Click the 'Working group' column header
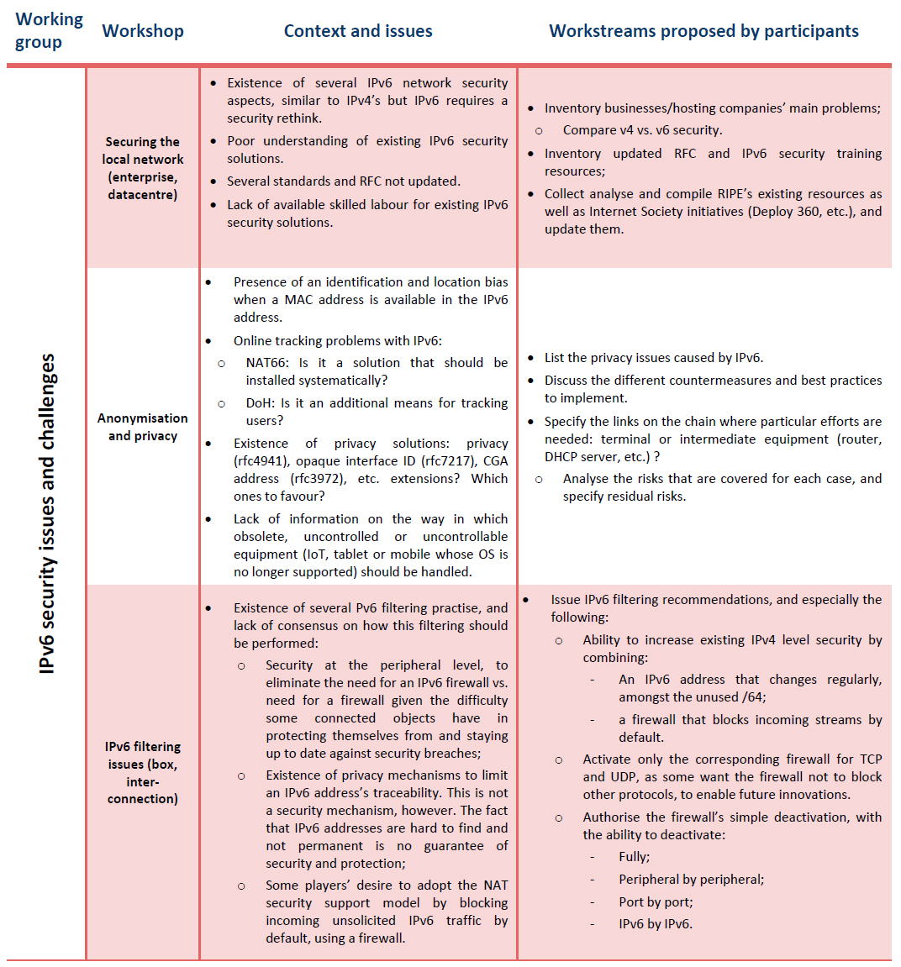(49, 31)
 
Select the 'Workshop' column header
(143, 31)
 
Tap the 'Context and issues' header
(358, 31)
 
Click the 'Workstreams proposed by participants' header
(703, 31)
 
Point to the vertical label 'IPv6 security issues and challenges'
(47, 512)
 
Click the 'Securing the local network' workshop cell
(143, 168)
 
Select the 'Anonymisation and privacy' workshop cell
(143, 427)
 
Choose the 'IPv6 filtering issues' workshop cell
(143, 772)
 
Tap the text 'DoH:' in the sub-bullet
(260, 403)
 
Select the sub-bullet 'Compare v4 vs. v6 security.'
(642, 130)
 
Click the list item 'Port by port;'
(656, 901)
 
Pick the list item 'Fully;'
(634, 857)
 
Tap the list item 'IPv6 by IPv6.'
(656, 924)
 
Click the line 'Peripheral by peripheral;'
(691, 880)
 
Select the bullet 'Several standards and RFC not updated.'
(343, 181)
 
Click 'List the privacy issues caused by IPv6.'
(653, 358)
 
